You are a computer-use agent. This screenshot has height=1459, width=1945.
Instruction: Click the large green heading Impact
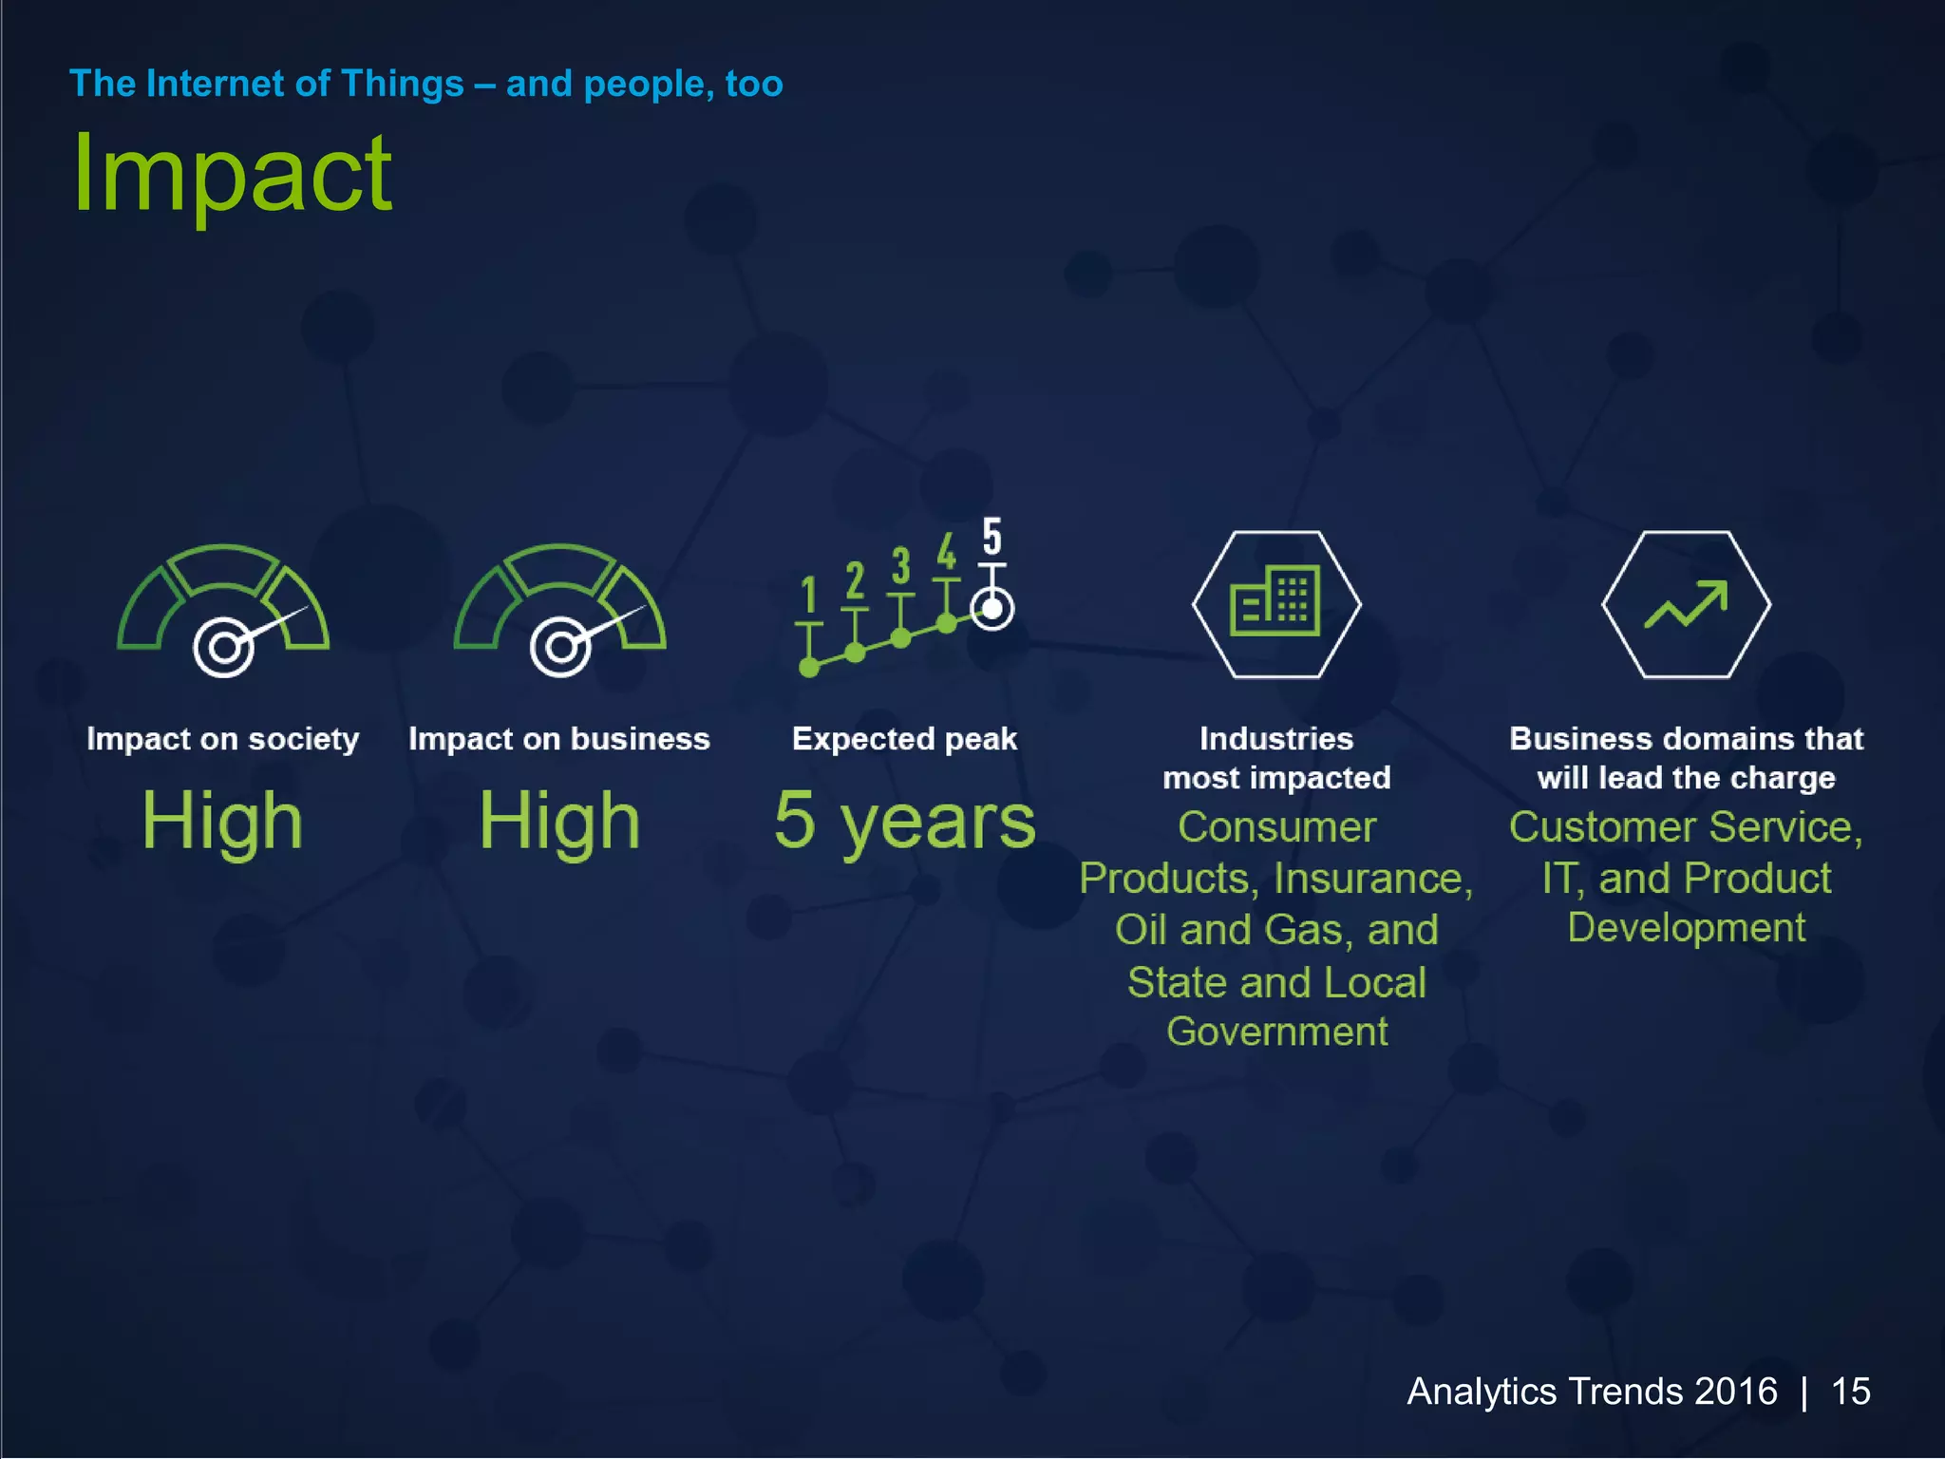(232, 174)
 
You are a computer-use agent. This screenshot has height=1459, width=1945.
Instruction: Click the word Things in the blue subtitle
(403, 84)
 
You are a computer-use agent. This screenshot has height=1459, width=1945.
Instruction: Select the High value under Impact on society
(222, 821)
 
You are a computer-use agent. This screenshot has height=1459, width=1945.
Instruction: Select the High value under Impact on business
(559, 821)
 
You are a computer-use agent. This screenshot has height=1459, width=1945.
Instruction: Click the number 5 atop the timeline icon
(991, 537)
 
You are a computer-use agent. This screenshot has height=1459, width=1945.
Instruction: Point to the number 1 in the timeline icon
(809, 597)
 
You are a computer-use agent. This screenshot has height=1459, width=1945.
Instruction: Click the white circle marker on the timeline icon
(992, 609)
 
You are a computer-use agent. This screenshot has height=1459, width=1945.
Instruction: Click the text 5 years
(904, 821)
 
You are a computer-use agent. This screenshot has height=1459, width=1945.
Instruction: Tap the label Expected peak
(904, 739)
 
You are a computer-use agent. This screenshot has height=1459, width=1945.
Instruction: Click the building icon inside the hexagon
(1275, 602)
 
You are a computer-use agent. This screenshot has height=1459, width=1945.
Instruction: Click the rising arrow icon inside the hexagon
(1686, 605)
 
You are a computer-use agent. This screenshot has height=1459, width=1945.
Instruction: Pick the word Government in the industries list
(1276, 1032)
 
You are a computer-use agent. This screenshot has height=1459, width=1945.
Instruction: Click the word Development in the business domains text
(1686, 928)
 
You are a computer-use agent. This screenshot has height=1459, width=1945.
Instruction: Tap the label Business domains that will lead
(1686, 758)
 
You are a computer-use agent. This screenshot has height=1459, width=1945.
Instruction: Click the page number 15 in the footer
(1850, 1392)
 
